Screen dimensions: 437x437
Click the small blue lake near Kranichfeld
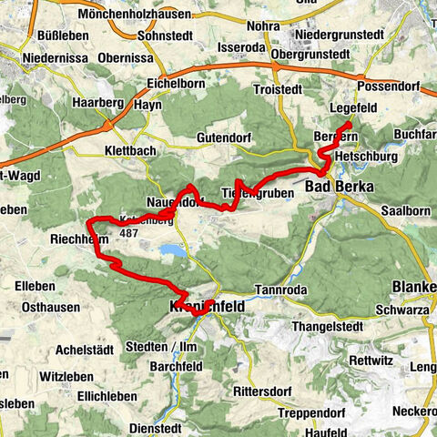(x=170, y=249)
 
